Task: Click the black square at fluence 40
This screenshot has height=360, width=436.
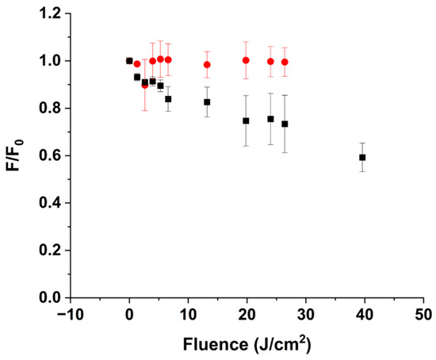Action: [x=362, y=157]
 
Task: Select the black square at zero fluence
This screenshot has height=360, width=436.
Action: [x=129, y=60]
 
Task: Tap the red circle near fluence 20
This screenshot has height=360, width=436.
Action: [x=246, y=60]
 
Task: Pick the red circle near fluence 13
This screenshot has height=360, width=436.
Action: [x=207, y=65]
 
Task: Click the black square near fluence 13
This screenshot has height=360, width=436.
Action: [x=207, y=101]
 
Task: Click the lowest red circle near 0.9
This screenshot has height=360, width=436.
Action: [x=144, y=85]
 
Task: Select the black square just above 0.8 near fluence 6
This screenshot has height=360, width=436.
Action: [x=168, y=99]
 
